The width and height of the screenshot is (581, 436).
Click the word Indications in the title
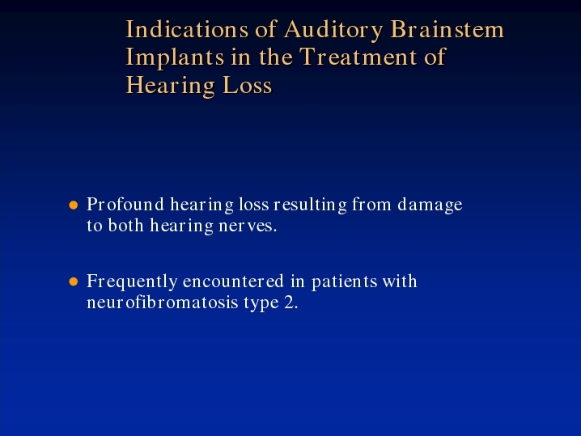coord(187,29)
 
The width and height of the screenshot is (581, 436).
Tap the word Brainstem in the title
coord(447,29)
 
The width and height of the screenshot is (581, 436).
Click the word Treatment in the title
coord(358,57)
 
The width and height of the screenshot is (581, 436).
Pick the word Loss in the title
coord(247,85)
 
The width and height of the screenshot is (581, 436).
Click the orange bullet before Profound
coord(74,205)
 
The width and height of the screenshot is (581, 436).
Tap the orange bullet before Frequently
coord(74,281)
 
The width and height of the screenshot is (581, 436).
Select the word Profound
coord(125,204)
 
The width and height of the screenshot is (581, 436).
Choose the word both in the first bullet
coord(125,225)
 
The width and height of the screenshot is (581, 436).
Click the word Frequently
coord(132,282)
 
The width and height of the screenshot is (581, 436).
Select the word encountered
coord(233,281)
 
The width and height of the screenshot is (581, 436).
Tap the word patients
coord(345,282)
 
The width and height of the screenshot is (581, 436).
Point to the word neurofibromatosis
coord(163,303)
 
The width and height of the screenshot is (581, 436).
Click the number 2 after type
coord(291,303)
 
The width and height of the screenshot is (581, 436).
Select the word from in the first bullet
coord(371,204)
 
